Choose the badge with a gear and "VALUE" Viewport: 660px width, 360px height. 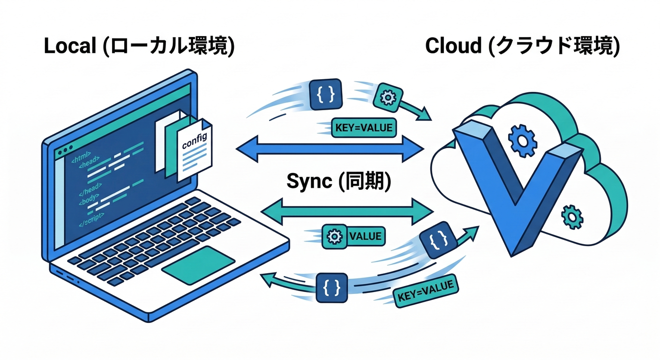pyautogui.click(x=353, y=236)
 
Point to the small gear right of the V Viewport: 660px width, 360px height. pyautogui.click(x=571, y=217)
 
